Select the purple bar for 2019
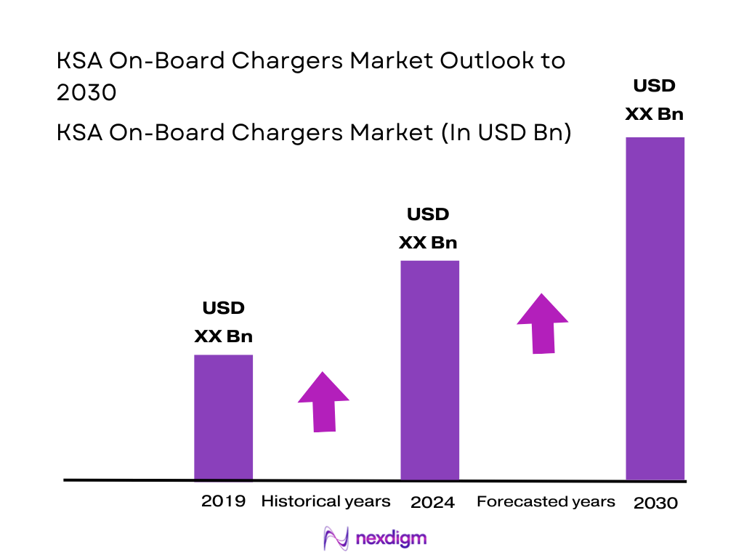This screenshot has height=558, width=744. click(x=223, y=417)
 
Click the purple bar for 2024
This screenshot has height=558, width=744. click(x=430, y=370)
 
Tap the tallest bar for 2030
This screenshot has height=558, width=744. click(x=655, y=308)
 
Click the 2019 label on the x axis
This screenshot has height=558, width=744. click(x=223, y=501)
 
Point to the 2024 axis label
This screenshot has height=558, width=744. click(x=432, y=502)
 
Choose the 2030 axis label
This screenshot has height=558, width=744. click(x=655, y=503)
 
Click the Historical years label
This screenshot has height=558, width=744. click(x=325, y=501)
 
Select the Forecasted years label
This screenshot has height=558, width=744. click(x=546, y=502)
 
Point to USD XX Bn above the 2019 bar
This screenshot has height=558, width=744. click(x=223, y=322)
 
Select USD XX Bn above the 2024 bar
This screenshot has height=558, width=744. click(x=428, y=228)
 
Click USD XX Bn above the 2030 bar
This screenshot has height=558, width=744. click(x=654, y=100)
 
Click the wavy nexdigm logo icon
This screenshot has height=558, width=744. click(x=336, y=538)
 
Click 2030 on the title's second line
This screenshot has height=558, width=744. click(x=86, y=93)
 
